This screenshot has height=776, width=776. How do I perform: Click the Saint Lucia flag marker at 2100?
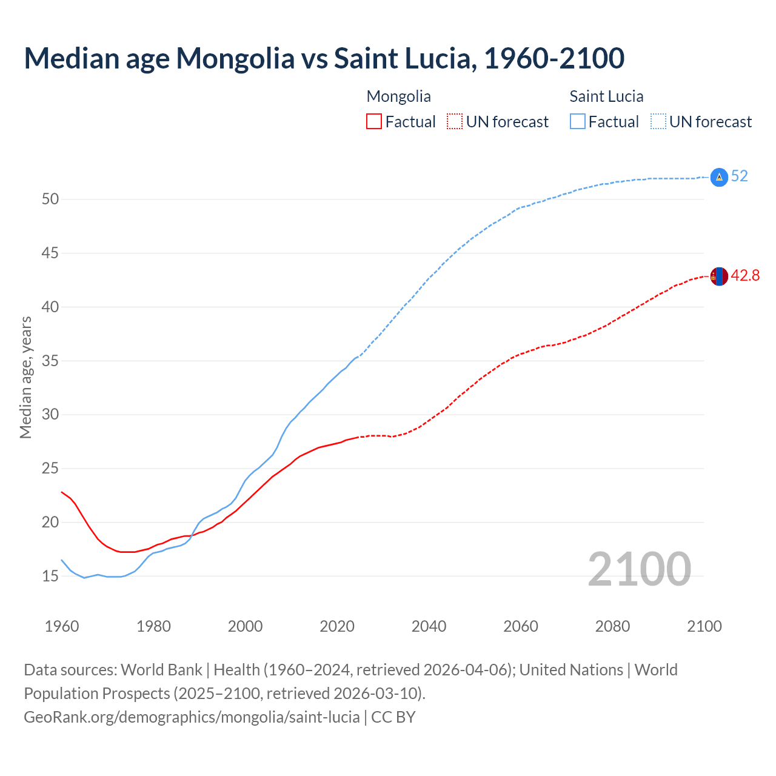[x=718, y=176]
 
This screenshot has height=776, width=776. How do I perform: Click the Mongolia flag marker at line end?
[x=718, y=276]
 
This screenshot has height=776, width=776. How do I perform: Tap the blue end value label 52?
[x=740, y=176]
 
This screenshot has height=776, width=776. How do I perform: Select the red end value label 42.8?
[x=745, y=276]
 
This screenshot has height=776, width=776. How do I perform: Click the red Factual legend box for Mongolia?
[x=374, y=122]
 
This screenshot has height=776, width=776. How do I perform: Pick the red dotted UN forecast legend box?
[x=455, y=122]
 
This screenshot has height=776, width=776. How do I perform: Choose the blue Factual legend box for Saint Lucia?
[x=578, y=122]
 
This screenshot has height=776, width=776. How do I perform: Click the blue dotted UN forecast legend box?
[x=658, y=122]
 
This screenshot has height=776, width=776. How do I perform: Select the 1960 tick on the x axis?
[x=62, y=626]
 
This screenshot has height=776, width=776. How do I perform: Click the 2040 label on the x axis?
[x=429, y=626]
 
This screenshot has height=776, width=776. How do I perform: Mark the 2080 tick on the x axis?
[x=612, y=626]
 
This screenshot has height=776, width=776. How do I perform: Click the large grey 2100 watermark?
[x=639, y=569]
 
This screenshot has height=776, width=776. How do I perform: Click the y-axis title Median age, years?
[x=25, y=377]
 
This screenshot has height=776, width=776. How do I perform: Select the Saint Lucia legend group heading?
[x=606, y=96]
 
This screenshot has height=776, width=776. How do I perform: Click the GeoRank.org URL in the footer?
[x=192, y=717]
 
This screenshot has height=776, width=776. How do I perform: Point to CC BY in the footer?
[x=393, y=717]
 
